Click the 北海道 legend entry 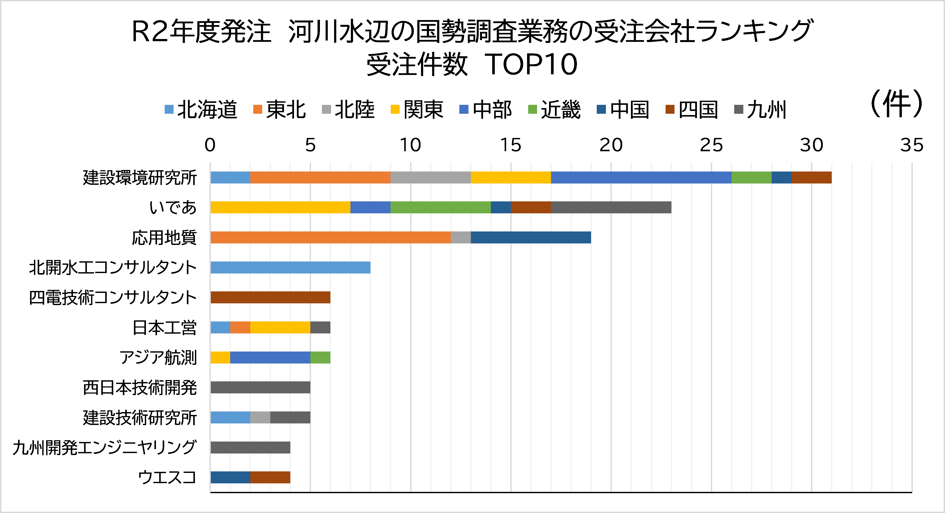(201, 109)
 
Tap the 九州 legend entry (761, 109)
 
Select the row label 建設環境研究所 (140, 178)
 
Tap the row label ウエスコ (167, 477)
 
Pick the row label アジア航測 (158, 357)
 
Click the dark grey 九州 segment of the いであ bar (611, 207)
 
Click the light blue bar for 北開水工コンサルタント (290, 268)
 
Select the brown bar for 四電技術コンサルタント (270, 297)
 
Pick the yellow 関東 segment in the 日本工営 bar (280, 327)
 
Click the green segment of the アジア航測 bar (320, 357)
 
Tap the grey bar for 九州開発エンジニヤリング (250, 447)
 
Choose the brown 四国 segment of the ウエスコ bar (270, 477)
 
